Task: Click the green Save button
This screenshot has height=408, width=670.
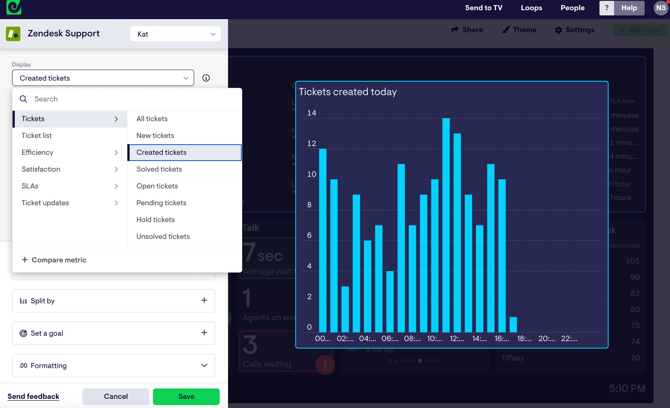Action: (x=186, y=396)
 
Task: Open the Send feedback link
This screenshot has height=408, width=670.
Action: (x=33, y=396)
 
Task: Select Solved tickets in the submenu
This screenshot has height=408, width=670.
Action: (x=159, y=169)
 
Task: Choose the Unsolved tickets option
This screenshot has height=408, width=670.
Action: (x=163, y=236)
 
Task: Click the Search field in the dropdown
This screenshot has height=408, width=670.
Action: (x=134, y=99)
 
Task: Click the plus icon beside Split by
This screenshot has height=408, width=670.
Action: (x=204, y=300)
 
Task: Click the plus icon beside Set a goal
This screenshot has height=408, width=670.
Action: (x=204, y=333)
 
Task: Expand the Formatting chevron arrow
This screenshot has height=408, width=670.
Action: (x=204, y=365)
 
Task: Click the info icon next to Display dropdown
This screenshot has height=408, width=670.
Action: (x=206, y=78)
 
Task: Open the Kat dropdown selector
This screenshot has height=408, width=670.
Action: (x=175, y=34)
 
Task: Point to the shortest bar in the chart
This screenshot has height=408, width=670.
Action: (x=513, y=325)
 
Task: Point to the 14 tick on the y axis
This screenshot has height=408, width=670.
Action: (x=312, y=113)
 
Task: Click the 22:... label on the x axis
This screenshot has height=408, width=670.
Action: (x=569, y=339)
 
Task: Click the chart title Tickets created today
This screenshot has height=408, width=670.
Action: (x=348, y=92)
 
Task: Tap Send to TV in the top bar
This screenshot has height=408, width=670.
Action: (x=484, y=8)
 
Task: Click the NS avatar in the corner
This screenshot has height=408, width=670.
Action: (x=661, y=8)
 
